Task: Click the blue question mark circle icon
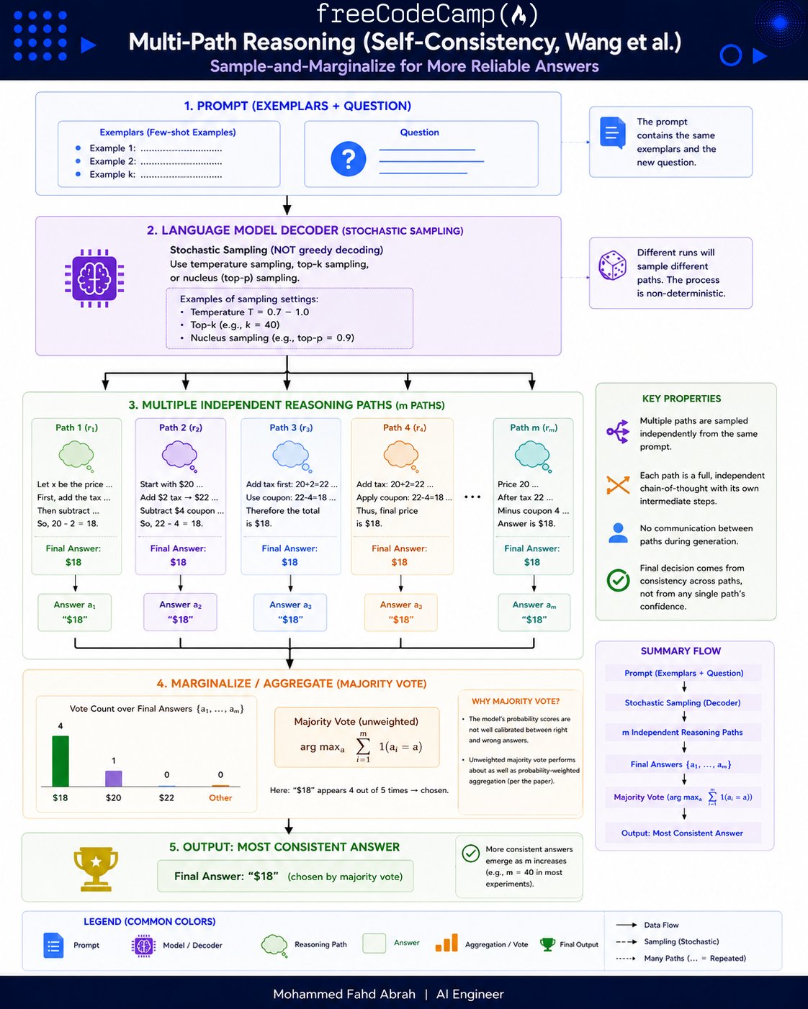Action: [348, 159]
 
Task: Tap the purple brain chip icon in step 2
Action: [94, 279]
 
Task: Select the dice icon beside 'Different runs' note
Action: [612, 266]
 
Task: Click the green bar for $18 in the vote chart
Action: [60, 761]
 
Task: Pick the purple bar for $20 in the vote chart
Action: [113, 778]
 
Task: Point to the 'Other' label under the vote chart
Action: [220, 797]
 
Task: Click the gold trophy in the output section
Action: [96, 869]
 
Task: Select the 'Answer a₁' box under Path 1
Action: [75, 612]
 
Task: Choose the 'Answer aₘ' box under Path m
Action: [534, 612]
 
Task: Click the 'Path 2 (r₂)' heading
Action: [181, 427]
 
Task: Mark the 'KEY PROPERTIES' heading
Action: [681, 399]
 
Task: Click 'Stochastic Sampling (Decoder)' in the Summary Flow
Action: [682, 702]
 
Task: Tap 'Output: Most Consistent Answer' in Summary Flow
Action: [682, 833]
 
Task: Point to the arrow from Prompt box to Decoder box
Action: [287, 205]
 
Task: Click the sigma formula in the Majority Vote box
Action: [361, 746]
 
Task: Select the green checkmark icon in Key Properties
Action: [618, 580]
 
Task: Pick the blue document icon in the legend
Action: [53, 945]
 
